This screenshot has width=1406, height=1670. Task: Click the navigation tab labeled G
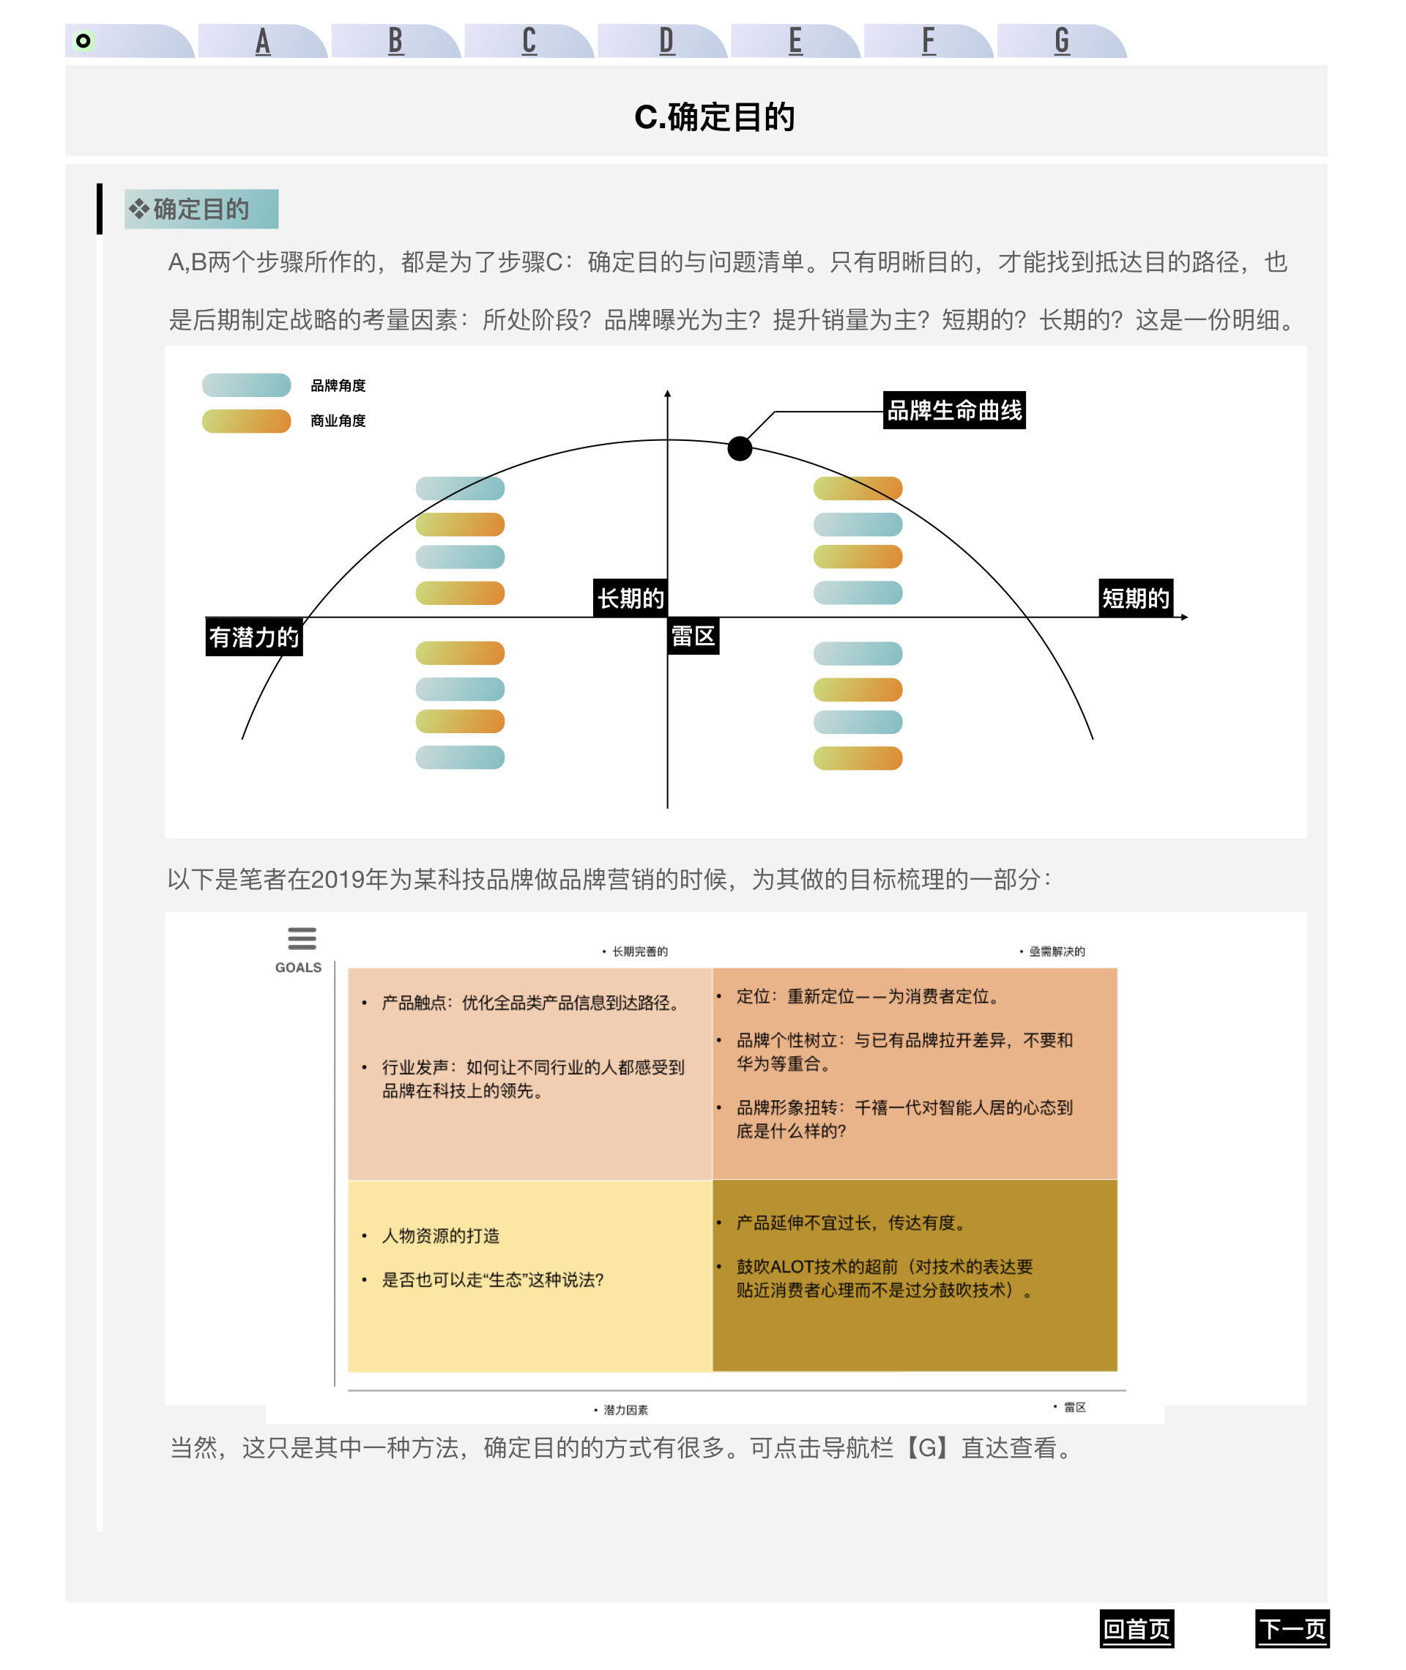tap(1061, 41)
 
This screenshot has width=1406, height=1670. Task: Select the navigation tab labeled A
tap(262, 41)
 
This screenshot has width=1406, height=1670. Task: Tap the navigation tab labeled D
tap(666, 41)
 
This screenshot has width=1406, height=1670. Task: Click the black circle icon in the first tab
tap(83, 41)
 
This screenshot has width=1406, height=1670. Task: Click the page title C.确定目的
tap(714, 117)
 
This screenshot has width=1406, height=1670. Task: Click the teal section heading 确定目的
tap(201, 209)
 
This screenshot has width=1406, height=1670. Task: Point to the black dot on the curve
tap(740, 449)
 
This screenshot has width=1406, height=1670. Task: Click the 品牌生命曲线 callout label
tap(954, 410)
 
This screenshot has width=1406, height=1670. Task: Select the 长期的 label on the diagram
tap(631, 598)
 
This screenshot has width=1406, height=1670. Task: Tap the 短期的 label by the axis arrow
tap(1136, 598)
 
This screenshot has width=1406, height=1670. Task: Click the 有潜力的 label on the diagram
tap(254, 637)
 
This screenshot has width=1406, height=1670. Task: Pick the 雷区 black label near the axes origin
tap(693, 636)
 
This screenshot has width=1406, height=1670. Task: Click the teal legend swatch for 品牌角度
tap(246, 385)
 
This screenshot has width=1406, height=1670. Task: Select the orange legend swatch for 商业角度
tap(246, 421)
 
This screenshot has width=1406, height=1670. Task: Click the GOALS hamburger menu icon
tap(301, 938)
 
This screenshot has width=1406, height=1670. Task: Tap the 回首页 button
tap(1137, 1628)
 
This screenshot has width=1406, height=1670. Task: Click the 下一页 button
tap(1292, 1628)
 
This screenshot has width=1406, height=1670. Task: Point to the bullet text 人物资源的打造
tap(441, 1236)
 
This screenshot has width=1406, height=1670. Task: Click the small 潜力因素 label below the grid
tap(625, 1410)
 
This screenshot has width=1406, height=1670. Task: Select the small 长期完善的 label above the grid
tap(640, 951)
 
